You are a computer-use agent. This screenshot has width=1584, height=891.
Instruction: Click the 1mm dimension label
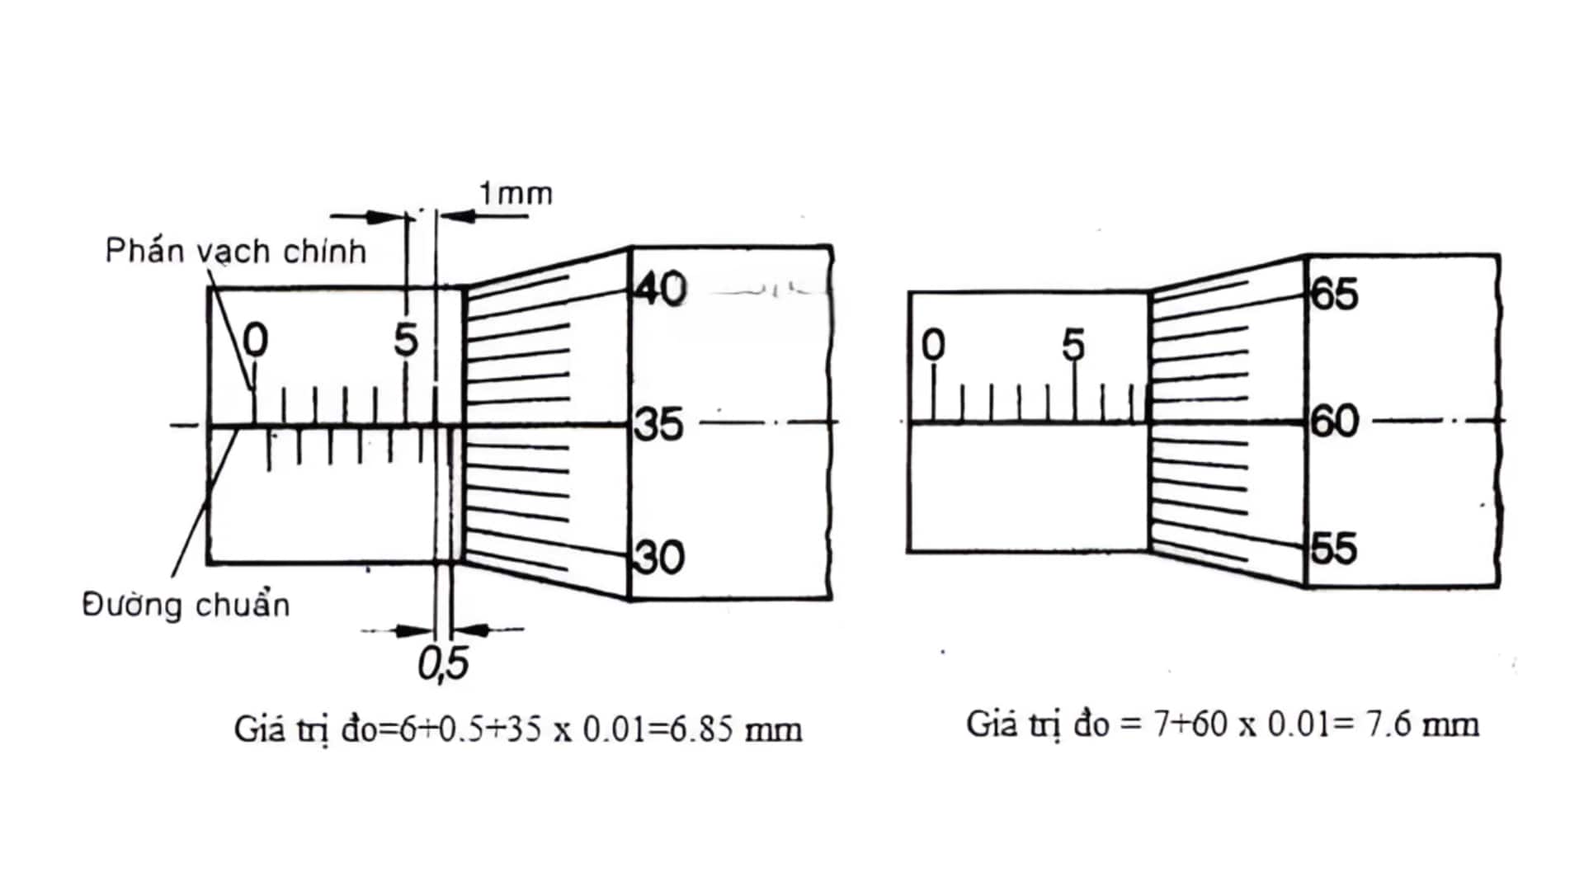[x=516, y=194]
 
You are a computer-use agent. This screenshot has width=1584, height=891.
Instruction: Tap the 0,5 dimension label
[x=443, y=663]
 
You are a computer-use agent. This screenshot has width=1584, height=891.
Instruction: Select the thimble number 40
[x=661, y=290]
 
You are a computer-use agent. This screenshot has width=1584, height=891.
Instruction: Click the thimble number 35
[x=660, y=425]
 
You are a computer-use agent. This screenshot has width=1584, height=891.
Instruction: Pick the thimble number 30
[x=661, y=558]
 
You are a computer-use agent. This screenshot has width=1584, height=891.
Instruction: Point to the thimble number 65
[x=1334, y=295]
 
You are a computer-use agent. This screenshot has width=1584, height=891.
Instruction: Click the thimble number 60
[x=1335, y=422]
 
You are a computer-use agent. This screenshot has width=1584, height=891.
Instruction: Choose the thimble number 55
[x=1334, y=549]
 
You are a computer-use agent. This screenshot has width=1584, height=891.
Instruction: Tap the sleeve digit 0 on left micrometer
[x=256, y=340]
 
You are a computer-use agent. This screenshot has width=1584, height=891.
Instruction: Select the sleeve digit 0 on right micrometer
[x=933, y=345]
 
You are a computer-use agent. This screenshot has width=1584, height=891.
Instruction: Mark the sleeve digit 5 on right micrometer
[x=1073, y=345]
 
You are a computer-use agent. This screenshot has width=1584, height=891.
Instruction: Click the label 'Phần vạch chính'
[x=236, y=251]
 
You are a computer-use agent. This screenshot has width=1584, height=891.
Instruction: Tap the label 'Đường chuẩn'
[x=186, y=606]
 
